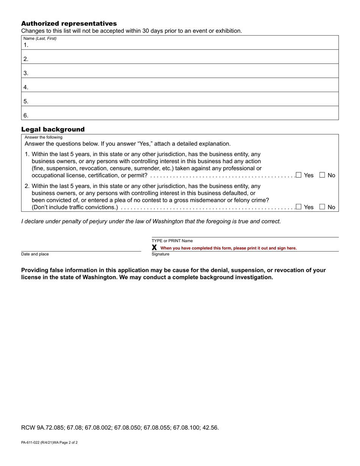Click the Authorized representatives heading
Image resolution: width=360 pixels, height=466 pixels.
point(69,23)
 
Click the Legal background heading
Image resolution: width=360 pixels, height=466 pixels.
point(53,129)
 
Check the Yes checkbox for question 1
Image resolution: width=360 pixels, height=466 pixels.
point(299,175)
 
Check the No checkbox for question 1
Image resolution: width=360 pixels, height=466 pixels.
point(322,175)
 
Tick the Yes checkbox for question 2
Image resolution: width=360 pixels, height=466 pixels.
point(299,207)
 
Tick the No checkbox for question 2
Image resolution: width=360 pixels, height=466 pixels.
point(322,207)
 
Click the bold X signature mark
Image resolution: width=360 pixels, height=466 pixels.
point(154,248)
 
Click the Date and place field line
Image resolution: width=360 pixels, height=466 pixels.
point(81,248)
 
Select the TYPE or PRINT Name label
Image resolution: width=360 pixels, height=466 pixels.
point(172,241)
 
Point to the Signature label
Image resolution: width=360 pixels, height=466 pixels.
point(160,254)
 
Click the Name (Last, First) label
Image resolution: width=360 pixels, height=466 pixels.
point(40,38)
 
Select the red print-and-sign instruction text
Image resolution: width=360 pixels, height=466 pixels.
point(229,248)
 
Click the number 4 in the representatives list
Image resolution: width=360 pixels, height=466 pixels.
point(25,87)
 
